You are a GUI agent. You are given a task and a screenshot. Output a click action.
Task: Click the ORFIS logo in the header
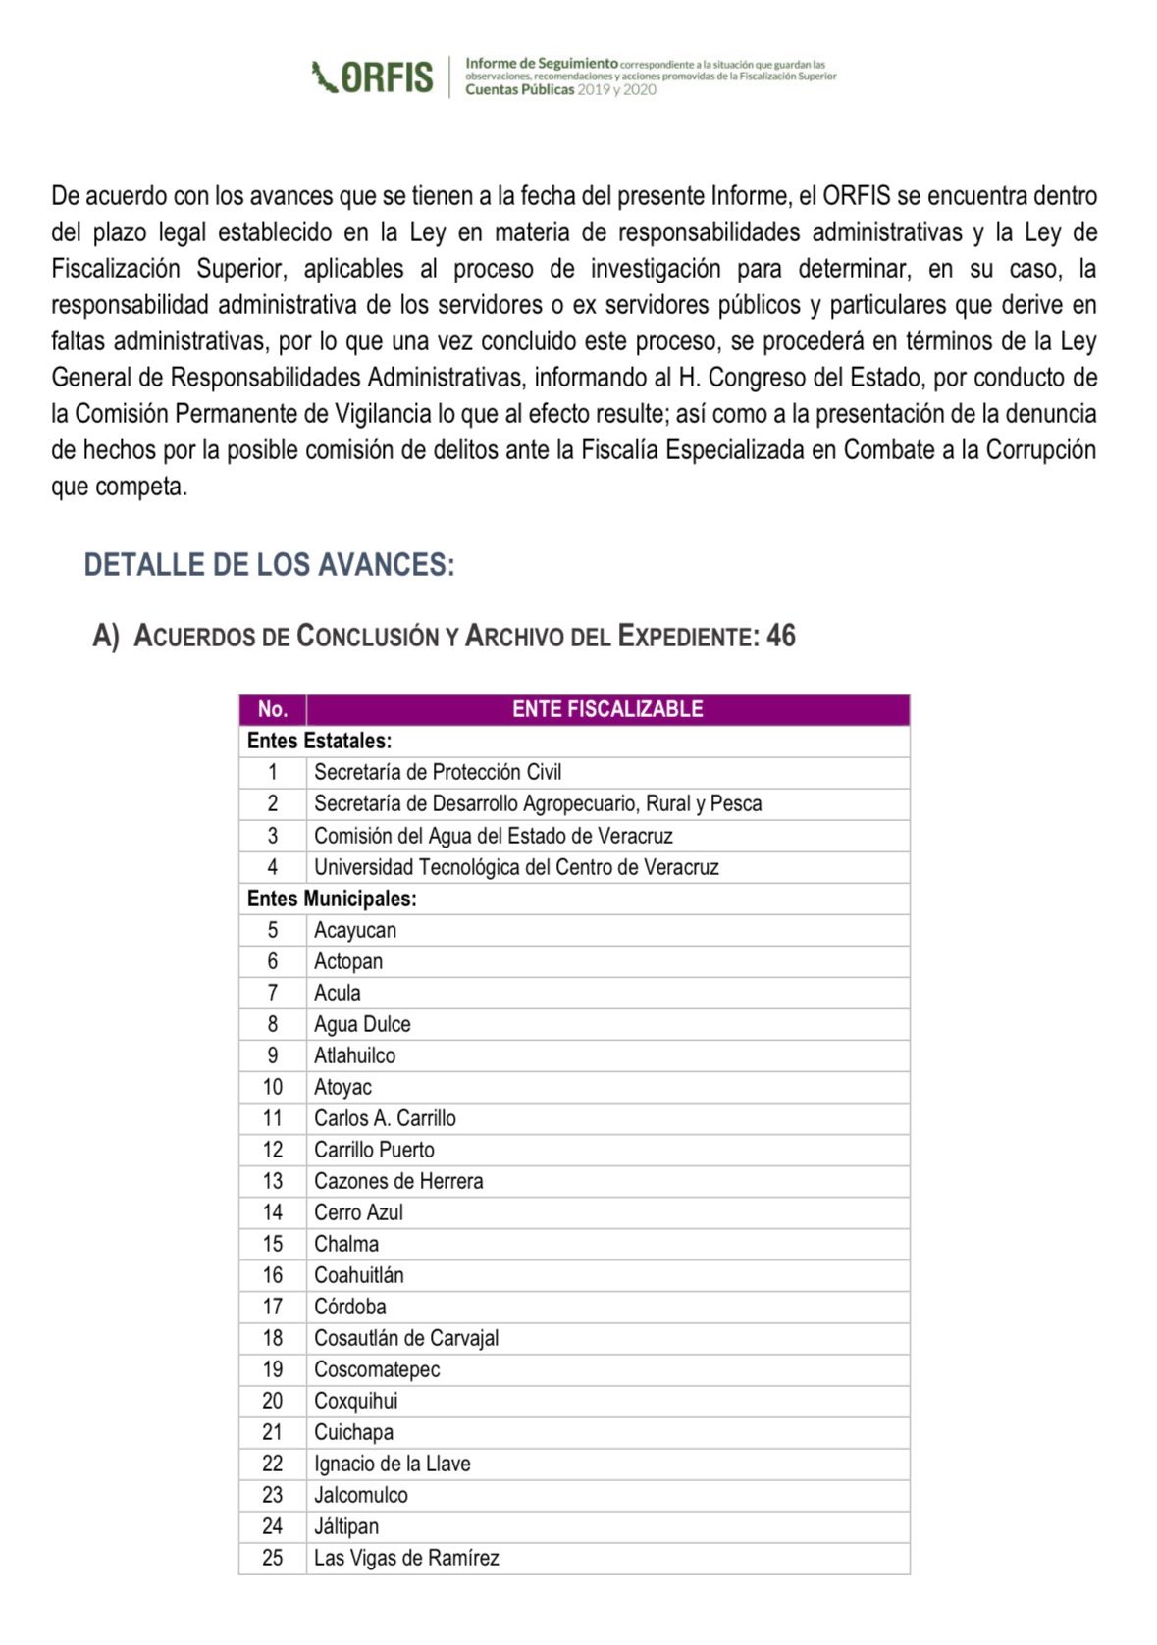[372, 77]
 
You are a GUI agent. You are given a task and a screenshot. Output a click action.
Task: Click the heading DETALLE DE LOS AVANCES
[269, 565]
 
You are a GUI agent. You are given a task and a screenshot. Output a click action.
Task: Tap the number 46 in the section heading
[781, 636]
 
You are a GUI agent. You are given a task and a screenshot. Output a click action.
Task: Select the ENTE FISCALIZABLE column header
[607, 709]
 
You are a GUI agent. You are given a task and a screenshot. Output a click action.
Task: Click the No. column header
[272, 709]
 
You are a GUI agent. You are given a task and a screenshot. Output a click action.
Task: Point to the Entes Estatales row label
[319, 741]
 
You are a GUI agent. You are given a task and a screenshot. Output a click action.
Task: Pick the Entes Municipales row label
[332, 899]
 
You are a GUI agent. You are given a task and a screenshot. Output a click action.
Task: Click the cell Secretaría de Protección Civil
[438, 772]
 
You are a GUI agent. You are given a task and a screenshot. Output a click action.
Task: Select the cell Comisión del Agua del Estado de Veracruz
[493, 836]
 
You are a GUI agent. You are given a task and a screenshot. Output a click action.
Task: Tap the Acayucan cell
[355, 930]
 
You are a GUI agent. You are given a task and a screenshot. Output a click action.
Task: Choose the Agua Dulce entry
[362, 1024]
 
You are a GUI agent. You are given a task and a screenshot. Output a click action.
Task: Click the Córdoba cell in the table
[349, 1307]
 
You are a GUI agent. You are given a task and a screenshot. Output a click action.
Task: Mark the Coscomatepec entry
[377, 1369]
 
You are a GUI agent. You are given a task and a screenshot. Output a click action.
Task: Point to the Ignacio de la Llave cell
[392, 1464]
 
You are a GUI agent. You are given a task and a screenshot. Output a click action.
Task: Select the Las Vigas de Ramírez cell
[406, 1558]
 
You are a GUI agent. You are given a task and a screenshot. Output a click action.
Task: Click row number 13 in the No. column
[272, 1181]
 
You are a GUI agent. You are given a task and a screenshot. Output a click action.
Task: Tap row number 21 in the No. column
[272, 1432]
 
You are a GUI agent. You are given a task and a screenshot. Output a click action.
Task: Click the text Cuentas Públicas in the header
[519, 89]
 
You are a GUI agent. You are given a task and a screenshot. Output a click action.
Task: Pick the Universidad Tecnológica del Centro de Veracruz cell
[516, 867]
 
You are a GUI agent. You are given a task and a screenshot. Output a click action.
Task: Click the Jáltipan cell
[345, 1526]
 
